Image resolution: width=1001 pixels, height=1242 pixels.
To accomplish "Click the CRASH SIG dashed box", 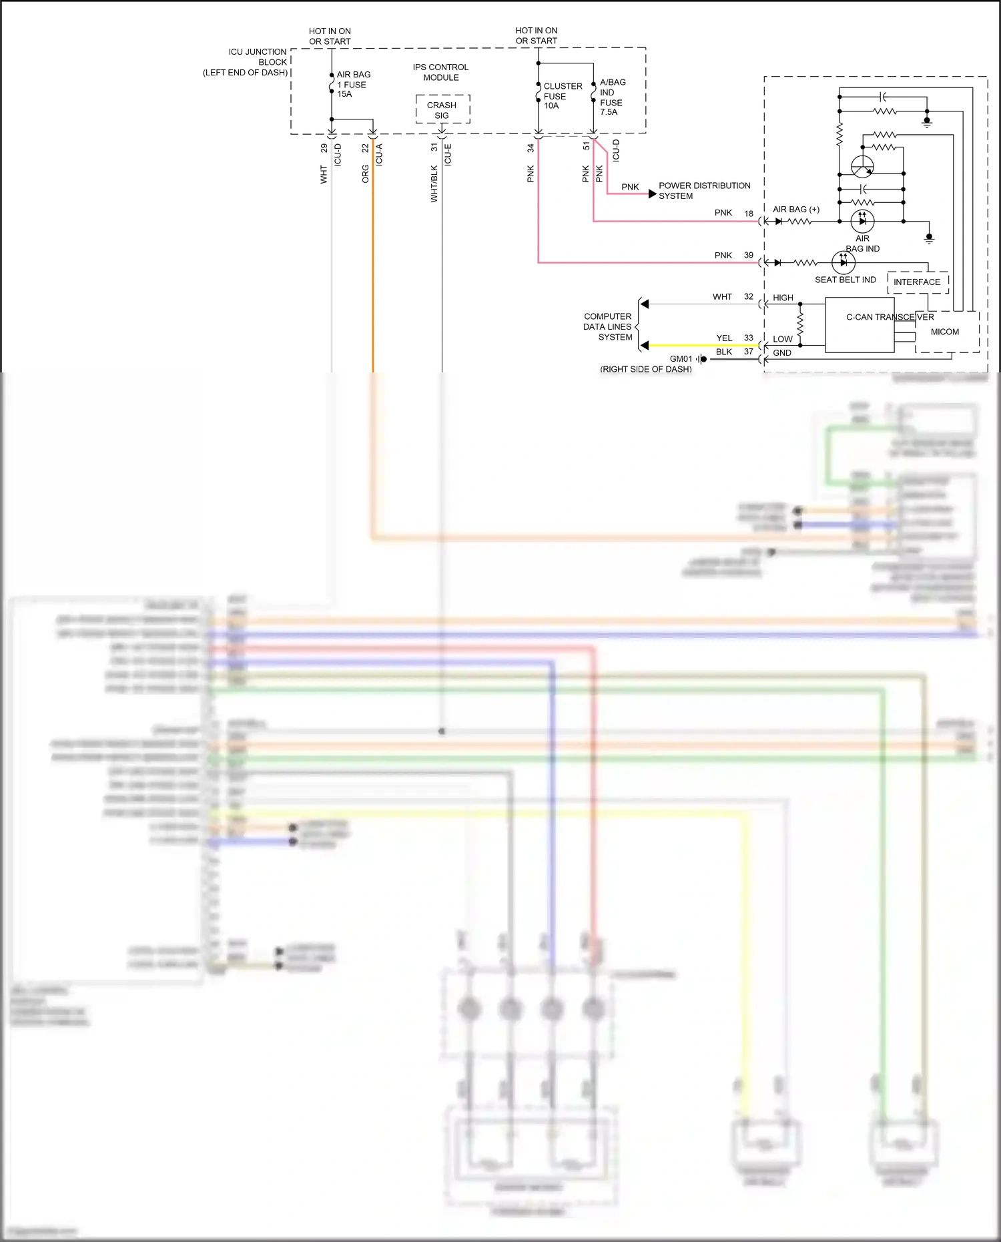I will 442,109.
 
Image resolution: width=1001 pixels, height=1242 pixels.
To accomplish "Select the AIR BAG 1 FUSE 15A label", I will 353,84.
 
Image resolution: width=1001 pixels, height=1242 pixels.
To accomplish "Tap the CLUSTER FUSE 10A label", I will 562,95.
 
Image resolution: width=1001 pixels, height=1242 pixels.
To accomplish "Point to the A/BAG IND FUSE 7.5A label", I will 612,97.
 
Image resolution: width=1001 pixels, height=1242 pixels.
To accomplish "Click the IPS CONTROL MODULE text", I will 440,72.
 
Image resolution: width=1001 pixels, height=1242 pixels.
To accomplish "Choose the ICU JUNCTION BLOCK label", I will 247,61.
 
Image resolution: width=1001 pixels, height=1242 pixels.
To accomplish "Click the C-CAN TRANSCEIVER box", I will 860,325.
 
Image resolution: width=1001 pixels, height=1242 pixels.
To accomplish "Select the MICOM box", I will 946,332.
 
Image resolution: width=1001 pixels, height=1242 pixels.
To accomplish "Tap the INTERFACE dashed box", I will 917,282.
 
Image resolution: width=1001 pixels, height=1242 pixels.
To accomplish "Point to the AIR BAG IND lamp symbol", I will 862,221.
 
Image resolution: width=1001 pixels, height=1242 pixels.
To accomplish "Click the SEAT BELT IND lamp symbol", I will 844,263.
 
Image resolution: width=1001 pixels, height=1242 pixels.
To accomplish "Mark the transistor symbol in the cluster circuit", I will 862,166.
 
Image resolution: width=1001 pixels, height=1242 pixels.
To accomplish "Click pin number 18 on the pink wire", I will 749,214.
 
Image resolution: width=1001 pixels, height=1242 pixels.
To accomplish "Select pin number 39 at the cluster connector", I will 749,256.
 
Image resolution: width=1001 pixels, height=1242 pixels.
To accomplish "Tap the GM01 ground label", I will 681,359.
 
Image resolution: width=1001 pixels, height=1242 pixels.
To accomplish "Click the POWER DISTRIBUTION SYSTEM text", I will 703,191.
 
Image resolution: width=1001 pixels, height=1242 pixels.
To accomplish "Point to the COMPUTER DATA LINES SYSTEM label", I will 607,327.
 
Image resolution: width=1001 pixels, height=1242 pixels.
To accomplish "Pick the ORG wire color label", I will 366,174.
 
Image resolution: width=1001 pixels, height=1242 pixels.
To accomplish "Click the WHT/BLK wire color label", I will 434,184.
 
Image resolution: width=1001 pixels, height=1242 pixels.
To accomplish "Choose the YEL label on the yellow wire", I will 724,338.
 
